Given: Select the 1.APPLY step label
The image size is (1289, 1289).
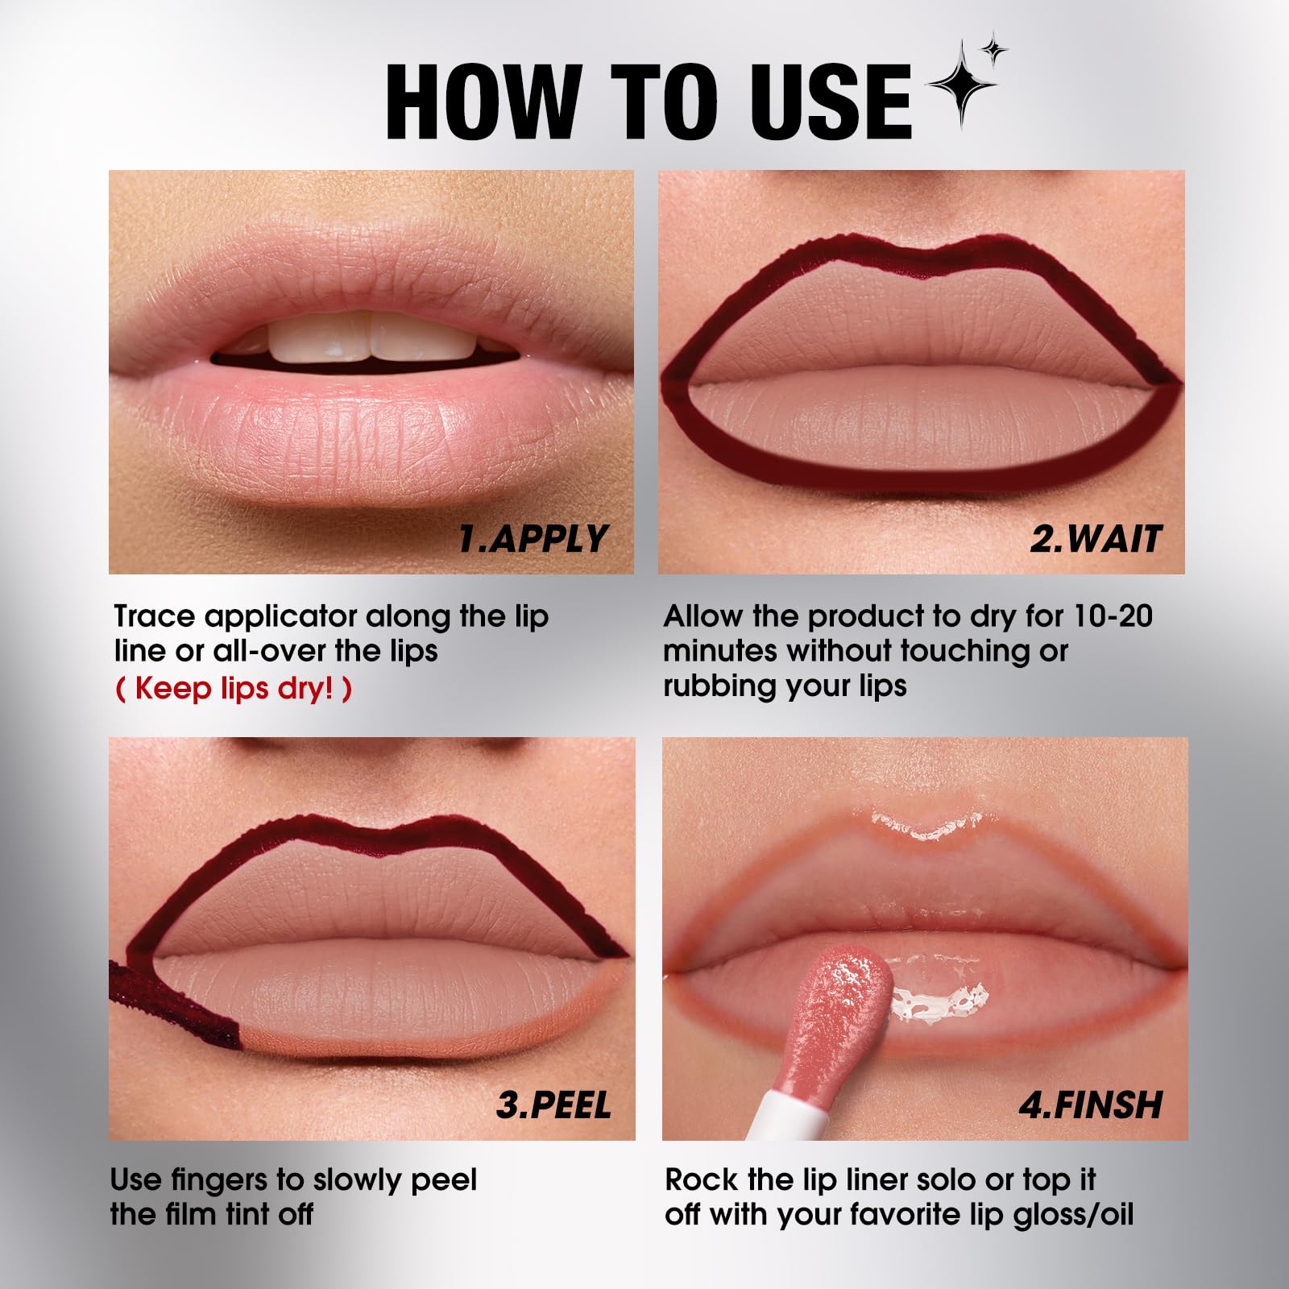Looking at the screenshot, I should click(533, 539).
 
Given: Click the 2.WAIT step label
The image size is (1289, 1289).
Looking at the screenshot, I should click(1096, 539).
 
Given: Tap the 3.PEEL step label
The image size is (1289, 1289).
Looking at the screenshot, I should click(553, 1105).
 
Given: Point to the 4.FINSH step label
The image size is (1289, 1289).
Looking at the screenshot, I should click(1091, 1105).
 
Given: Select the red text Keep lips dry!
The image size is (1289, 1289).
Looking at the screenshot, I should click(234, 690).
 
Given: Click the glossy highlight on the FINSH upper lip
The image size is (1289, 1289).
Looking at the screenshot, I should click(926, 826).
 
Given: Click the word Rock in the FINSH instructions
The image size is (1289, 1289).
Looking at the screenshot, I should click(701, 1180).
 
